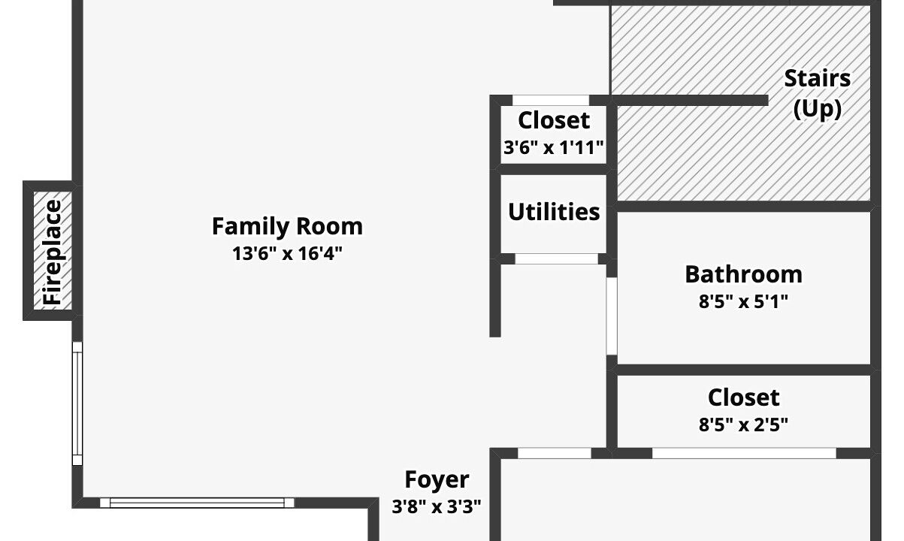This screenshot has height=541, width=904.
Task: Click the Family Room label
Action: [287, 226]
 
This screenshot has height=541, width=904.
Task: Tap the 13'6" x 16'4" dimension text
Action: [287, 254]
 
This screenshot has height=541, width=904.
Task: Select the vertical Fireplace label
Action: [53, 252]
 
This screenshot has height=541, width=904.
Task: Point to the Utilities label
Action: [554, 212]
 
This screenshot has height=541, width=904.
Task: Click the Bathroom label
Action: [743, 274]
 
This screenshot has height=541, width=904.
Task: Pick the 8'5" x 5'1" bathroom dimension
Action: [743, 301]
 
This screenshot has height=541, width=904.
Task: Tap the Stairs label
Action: [818, 78]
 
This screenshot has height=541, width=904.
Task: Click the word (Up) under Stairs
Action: [818, 108]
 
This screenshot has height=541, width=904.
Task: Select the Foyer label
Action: [437, 479]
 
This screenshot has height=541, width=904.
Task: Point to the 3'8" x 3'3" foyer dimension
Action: [437, 506]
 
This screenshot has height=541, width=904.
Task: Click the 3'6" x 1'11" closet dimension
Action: [554, 148]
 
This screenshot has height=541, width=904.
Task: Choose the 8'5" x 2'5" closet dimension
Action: [743, 425]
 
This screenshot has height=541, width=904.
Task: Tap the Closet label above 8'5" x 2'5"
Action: [743, 397]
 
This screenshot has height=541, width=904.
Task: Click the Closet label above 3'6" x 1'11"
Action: [554, 121]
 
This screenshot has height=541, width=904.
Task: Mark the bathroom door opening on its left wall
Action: [612, 316]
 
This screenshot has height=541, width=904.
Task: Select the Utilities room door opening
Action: [557, 259]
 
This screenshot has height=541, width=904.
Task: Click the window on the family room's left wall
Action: [77, 403]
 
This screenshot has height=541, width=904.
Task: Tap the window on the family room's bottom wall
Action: [197, 503]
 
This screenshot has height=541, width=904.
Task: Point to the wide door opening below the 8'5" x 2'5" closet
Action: [744, 453]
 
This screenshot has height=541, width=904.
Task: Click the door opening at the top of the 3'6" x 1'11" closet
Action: [551, 101]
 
